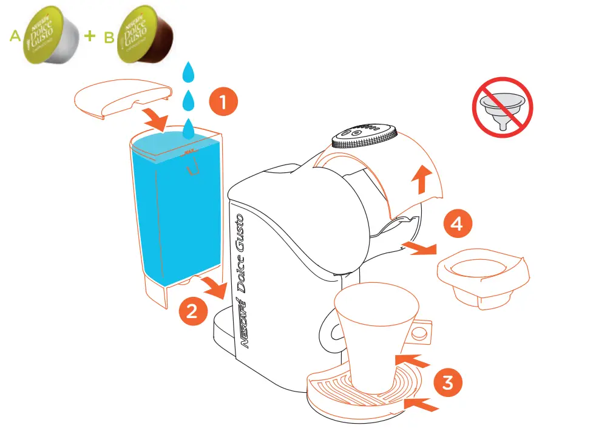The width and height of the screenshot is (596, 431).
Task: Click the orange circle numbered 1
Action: pyautogui.click(x=223, y=103)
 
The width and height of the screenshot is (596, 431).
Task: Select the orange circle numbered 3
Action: pyautogui.click(x=447, y=382)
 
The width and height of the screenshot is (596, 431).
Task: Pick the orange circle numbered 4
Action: pyautogui.click(x=457, y=224)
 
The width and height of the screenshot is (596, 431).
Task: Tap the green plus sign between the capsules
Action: pyautogui.click(x=90, y=36)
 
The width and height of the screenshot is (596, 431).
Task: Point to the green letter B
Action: pyautogui.click(x=109, y=38)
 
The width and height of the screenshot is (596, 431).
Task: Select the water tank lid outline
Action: pyautogui.click(x=121, y=97)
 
